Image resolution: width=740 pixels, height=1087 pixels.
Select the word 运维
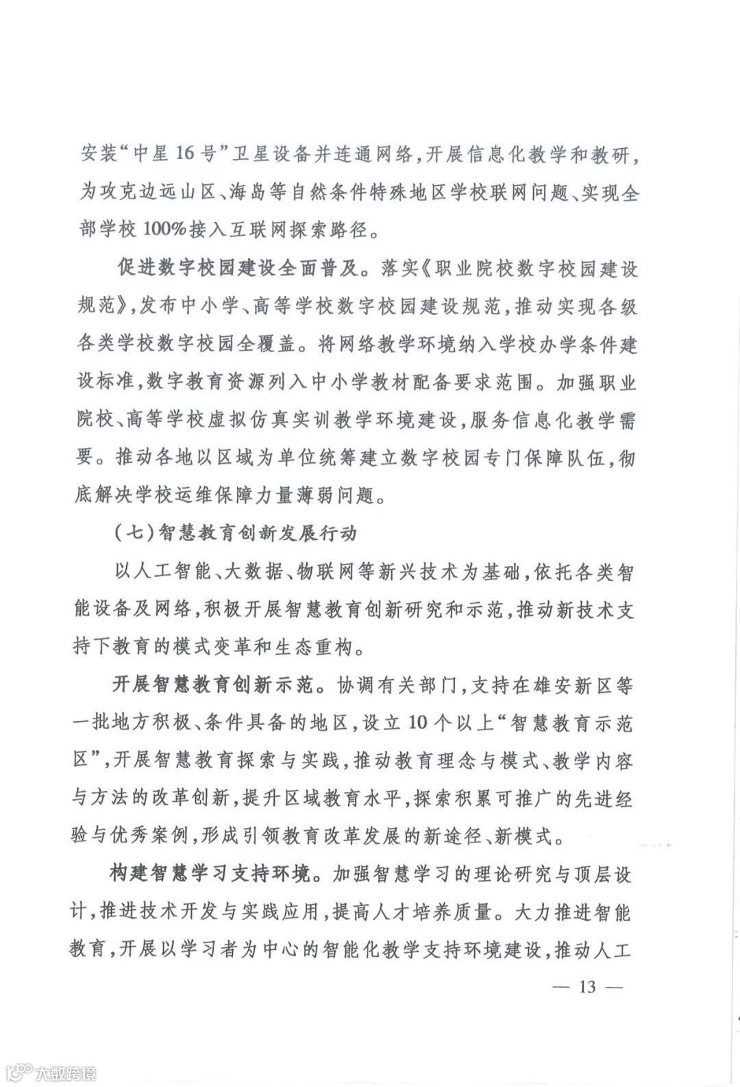pyautogui.click(x=206, y=495)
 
